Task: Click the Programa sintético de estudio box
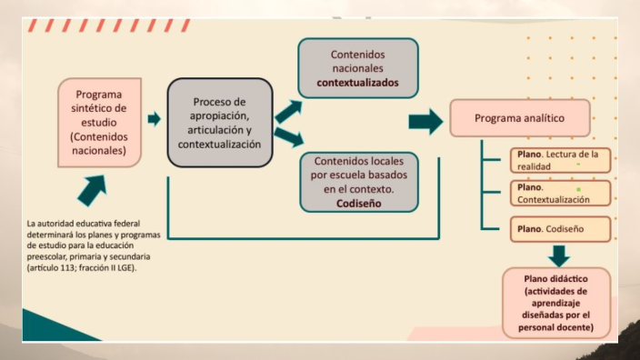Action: click(x=100, y=122)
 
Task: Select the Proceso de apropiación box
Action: click(x=219, y=122)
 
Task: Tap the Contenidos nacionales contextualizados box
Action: click(x=358, y=68)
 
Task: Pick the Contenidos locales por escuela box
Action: click(x=358, y=182)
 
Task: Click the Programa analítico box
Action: click(x=520, y=117)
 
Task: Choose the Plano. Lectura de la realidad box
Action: click(x=559, y=160)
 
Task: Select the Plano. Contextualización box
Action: click(x=559, y=193)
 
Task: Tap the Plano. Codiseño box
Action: click(x=559, y=228)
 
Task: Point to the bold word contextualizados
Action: click(x=358, y=83)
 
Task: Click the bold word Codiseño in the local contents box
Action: click(x=358, y=205)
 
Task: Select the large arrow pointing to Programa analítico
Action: click(x=425, y=122)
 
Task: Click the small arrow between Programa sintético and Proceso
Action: click(x=154, y=119)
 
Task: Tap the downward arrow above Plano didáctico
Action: click(x=558, y=255)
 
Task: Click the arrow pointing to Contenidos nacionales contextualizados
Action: click(x=288, y=111)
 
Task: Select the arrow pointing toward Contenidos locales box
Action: click(x=288, y=138)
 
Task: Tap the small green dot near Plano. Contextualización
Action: click(x=578, y=190)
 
